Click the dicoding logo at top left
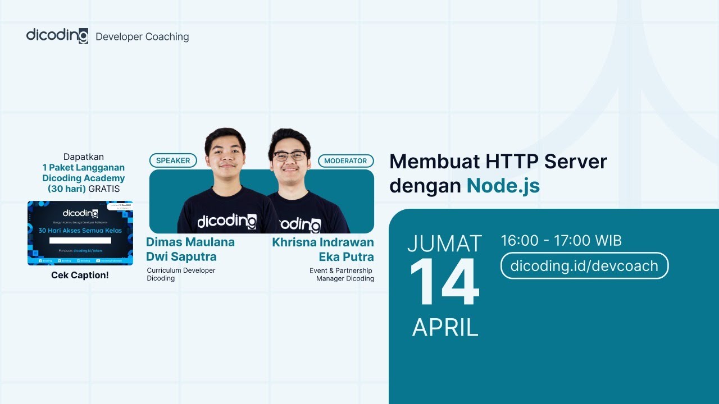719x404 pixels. coord(57,36)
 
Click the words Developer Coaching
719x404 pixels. coord(142,37)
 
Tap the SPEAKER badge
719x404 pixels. coord(173,160)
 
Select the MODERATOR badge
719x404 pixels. coord(345,160)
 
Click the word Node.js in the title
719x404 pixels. coord(503,185)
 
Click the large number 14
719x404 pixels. coord(444,283)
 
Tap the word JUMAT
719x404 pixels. coord(444,244)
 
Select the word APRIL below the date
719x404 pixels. coord(445,327)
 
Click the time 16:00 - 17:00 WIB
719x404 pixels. coord(561,241)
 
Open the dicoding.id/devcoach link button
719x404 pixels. coord(584,265)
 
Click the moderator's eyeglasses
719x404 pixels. coord(290,155)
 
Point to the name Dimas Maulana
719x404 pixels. coord(190,242)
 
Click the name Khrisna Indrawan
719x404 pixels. coord(323,242)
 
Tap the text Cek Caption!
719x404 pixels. coord(80,276)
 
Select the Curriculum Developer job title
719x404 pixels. coord(181,270)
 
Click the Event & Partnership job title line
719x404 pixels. coord(340,271)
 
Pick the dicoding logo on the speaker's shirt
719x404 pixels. coord(226,222)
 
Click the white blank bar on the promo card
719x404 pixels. coord(80,241)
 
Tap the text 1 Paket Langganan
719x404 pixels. coord(84,168)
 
